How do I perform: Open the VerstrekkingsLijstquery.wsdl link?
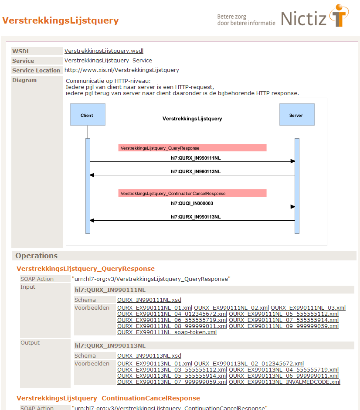(x=104, y=51)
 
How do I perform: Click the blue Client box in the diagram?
(x=88, y=115)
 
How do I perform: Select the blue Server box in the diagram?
(x=297, y=115)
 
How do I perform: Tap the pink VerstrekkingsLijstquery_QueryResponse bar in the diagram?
(x=192, y=148)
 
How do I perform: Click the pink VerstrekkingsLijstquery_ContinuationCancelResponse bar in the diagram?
(x=192, y=193)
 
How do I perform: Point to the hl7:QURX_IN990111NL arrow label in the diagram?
(x=192, y=158)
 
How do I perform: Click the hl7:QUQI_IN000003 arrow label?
(x=192, y=203)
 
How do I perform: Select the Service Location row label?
(x=36, y=70)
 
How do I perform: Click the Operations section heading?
(x=37, y=256)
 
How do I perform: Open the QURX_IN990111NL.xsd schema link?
(x=149, y=300)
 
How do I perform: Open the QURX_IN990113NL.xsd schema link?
(x=149, y=356)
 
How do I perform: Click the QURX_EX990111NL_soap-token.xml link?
(x=167, y=332)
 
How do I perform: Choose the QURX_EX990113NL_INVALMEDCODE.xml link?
(x=285, y=382)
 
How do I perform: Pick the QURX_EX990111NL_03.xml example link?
(x=308, y=308)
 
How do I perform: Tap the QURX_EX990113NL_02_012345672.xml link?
(x=249, y=364)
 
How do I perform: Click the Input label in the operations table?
(x=28, y=287)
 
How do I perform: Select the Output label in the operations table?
(x=30, y=343)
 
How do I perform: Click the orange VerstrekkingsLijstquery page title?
(x=61, y=20)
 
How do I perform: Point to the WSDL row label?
(x=21, y=51)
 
